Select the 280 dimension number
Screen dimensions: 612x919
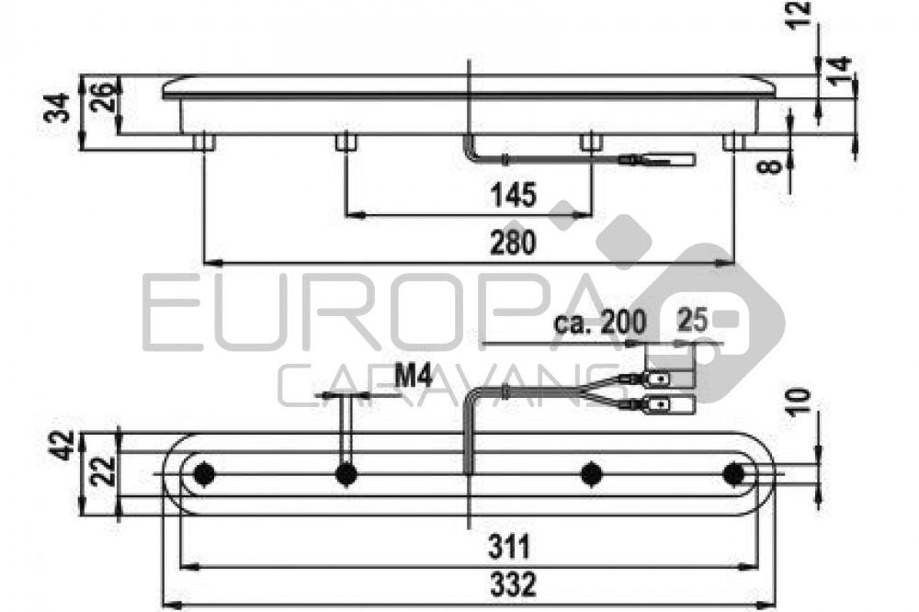(513, 243)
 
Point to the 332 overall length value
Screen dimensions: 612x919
(513, 584)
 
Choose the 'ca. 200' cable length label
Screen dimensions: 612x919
(601, 322)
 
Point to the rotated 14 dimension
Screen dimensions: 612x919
(839, 72)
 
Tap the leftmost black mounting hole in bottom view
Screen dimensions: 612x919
(204, 474)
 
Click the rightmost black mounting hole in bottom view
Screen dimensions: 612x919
(733, 474)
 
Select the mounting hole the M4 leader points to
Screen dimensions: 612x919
(346, 474)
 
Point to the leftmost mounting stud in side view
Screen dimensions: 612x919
(205, 142)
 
